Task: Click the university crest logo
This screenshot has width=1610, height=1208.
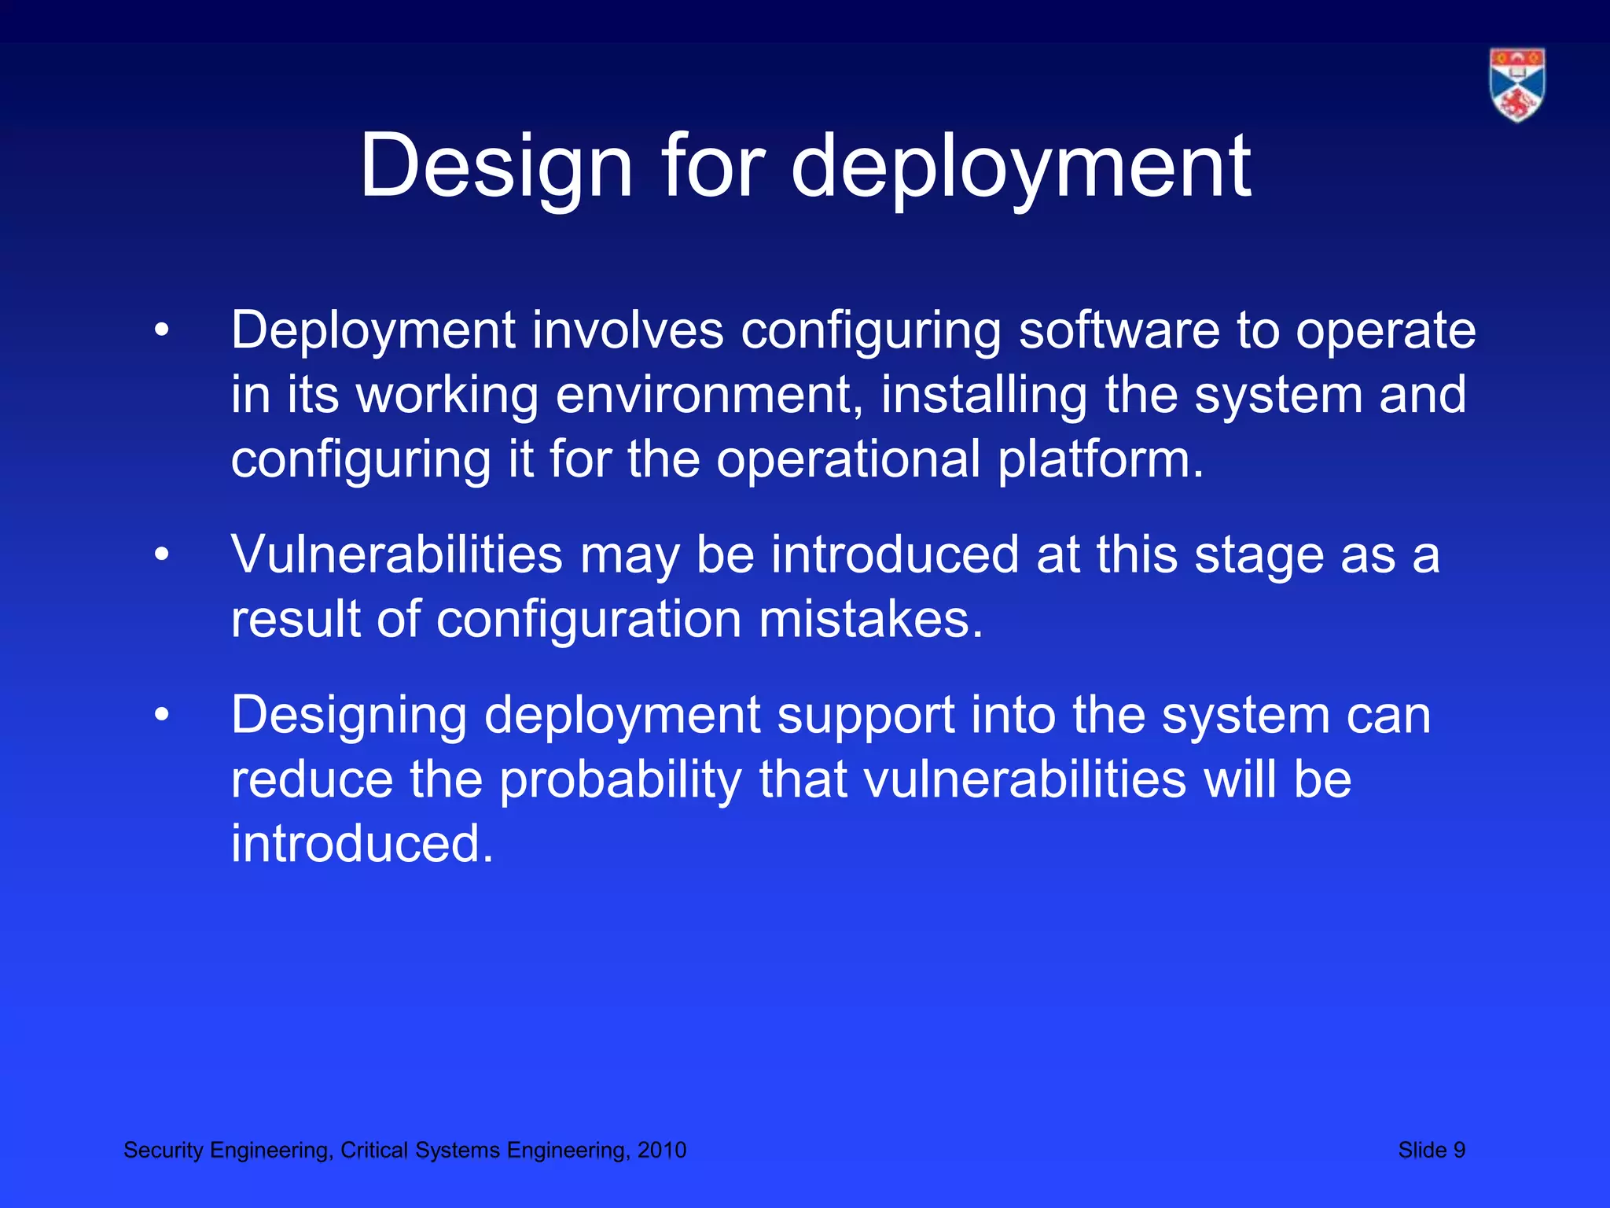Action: (x=1516, y=85)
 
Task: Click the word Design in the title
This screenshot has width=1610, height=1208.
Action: (x=496, y=167)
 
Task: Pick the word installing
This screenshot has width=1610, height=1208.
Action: (x=983, y=395)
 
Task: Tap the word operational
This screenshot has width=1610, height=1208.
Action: (x=848, y=459)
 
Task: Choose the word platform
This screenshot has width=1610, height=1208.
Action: (x=1101, y=459)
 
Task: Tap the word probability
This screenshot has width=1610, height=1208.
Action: (x=620, y=781)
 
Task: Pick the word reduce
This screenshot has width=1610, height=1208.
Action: (x=311, y=781)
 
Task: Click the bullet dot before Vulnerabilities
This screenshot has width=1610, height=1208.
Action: (x=162, y=555)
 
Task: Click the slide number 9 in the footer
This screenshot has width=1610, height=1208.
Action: (x=1458, y=1151)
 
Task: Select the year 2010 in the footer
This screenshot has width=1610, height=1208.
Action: (x=662, y=1151)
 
